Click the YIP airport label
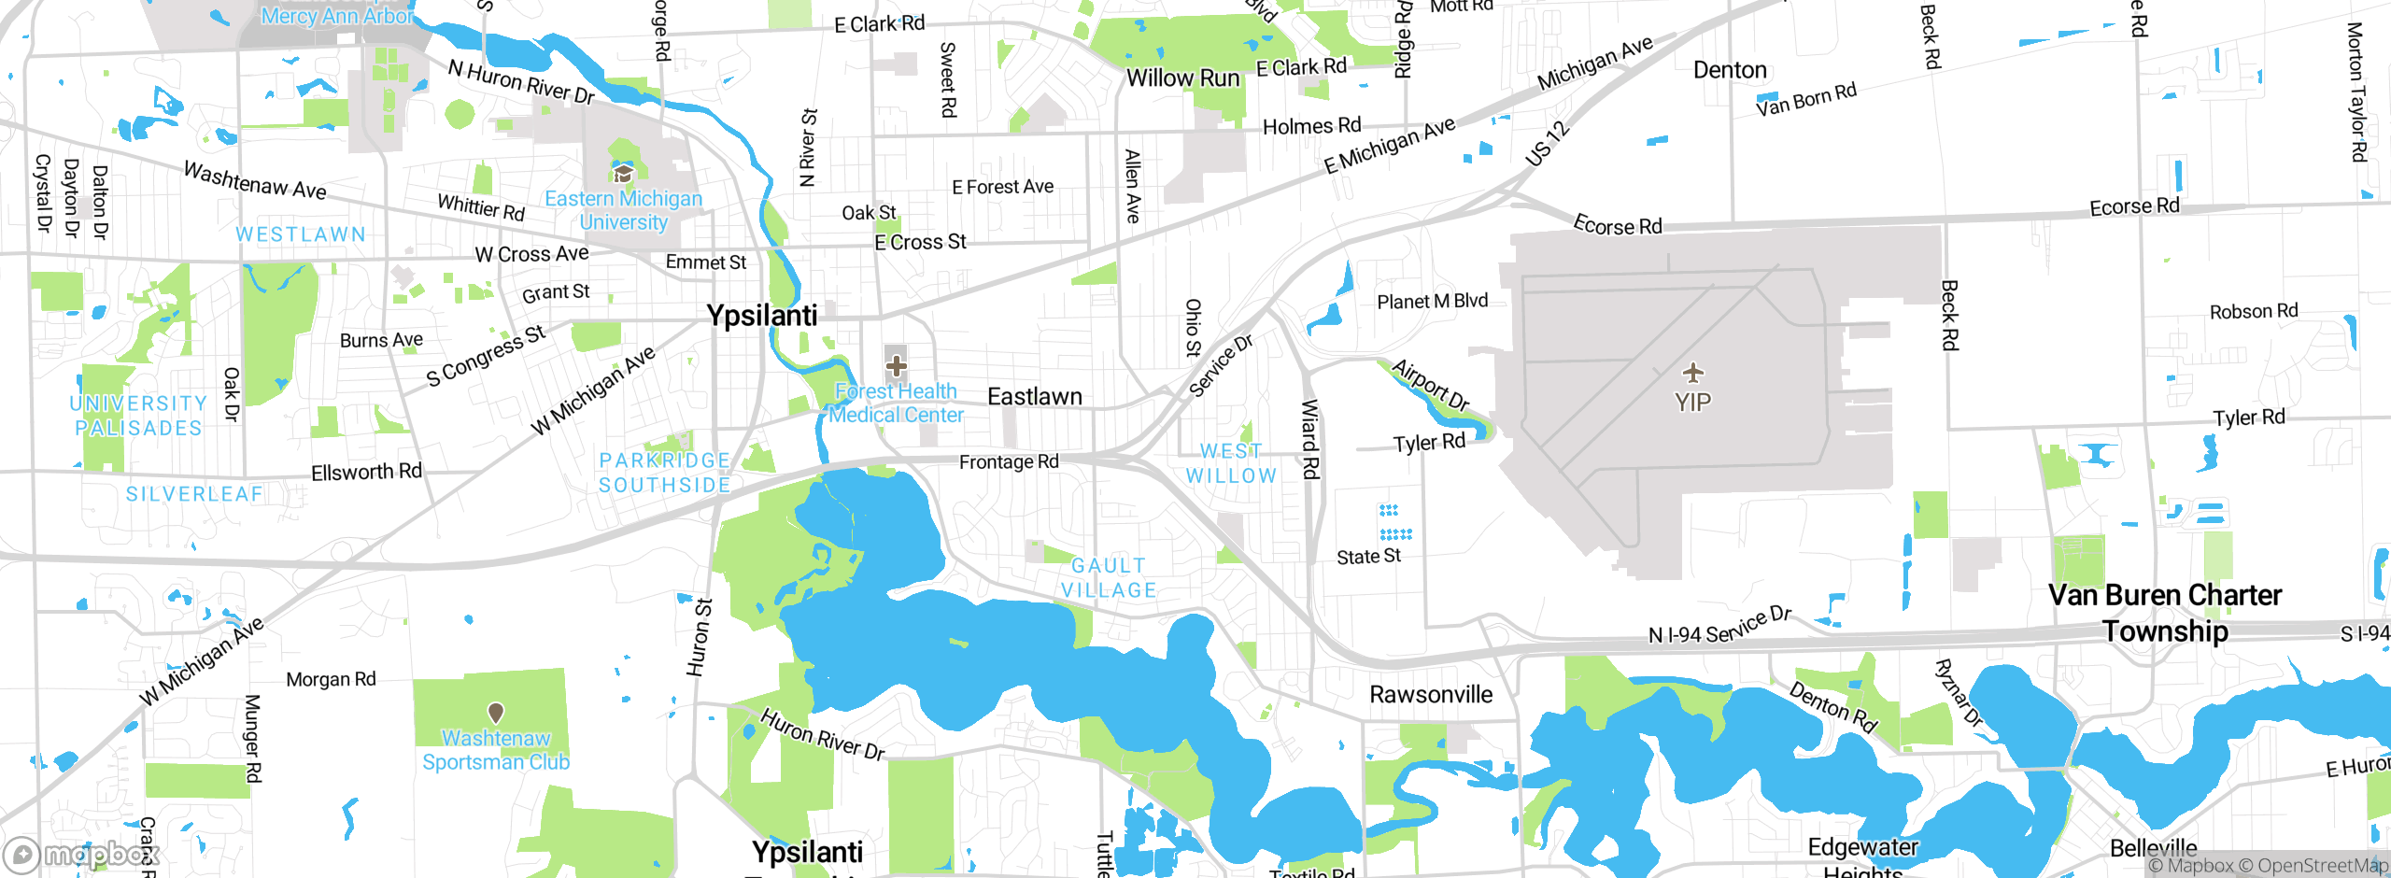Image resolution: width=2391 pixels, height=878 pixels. [1692, 403]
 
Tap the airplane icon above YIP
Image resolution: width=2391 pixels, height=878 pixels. [1693, 374]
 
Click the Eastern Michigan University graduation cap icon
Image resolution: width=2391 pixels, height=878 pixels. [623, 174]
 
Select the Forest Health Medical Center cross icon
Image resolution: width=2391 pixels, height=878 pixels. [896, 365]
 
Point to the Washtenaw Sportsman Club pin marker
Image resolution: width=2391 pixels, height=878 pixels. [496, 713]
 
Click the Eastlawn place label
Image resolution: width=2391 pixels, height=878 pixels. [1034, 397]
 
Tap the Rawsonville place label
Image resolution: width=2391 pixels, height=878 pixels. [1431, 695]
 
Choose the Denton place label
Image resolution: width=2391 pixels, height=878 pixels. [1730, 70]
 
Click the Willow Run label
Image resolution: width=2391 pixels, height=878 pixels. [1182, 78]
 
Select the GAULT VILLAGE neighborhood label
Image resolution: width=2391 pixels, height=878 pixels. [1109, 578]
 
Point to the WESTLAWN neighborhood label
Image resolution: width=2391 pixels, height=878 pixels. [301, 234]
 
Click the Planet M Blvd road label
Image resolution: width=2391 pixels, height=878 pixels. [1432, 301]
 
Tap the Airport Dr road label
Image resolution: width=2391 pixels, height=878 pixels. [1430, 384]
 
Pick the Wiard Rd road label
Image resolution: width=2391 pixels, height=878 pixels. [1309, 439]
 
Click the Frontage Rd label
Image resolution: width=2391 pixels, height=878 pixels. [1009, 461]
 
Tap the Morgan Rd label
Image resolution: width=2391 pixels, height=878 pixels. [331, 679]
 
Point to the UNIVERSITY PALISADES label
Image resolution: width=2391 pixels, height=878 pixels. [138, 416]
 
